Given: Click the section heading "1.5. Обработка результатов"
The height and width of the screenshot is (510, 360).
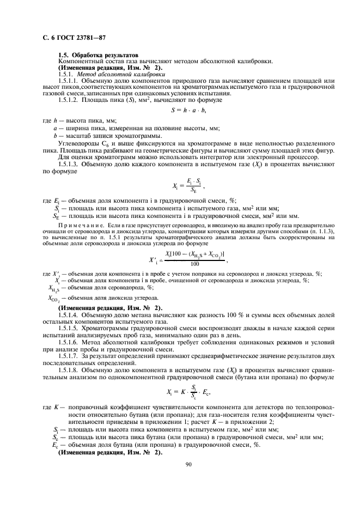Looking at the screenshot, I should pyautogui.click(x=98, y=55).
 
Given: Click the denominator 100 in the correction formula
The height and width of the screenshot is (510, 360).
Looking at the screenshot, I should pyautogui.click(x=194, y=248).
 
